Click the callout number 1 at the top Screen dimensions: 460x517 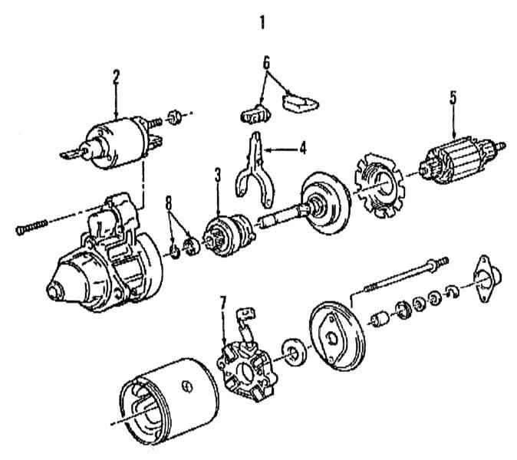262,22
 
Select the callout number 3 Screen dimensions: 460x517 218,174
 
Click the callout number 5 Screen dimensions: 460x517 453,97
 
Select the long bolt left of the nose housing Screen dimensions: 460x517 31,226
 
